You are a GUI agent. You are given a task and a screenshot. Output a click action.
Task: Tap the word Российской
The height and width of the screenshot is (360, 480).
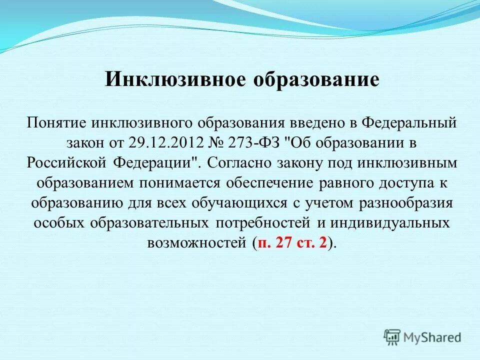[x=65, y=162]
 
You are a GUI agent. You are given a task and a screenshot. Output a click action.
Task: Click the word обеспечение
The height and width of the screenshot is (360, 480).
[x=270, y=183]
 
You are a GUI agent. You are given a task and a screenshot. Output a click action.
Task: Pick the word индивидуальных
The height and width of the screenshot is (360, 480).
[x=388, y=223]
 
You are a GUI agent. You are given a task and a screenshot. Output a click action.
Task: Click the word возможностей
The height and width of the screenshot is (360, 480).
[x=197, y=243]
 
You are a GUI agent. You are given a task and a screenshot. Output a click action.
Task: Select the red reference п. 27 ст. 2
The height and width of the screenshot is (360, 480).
[x=292, y=243]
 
